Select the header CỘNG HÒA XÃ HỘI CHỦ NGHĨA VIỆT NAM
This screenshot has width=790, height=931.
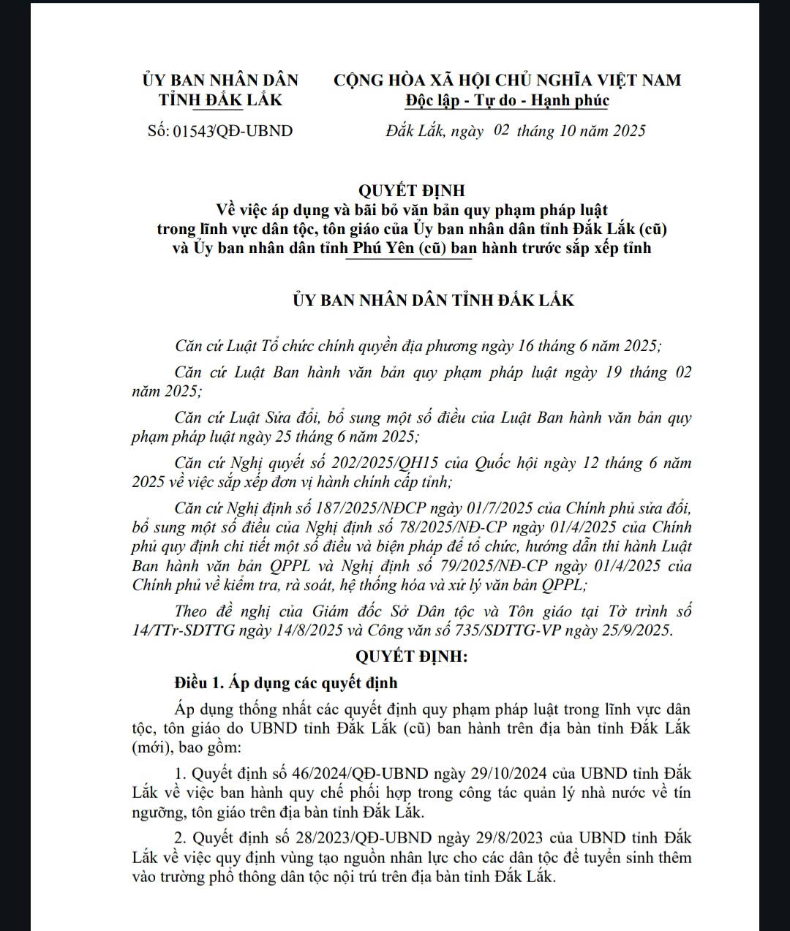[508, 80]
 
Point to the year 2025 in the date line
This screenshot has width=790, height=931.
[629, 131]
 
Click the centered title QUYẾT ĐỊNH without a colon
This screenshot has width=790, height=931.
[412, 190]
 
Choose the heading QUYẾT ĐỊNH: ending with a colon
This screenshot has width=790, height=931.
[412, 656]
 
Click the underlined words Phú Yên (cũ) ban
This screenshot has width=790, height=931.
[415, 247]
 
